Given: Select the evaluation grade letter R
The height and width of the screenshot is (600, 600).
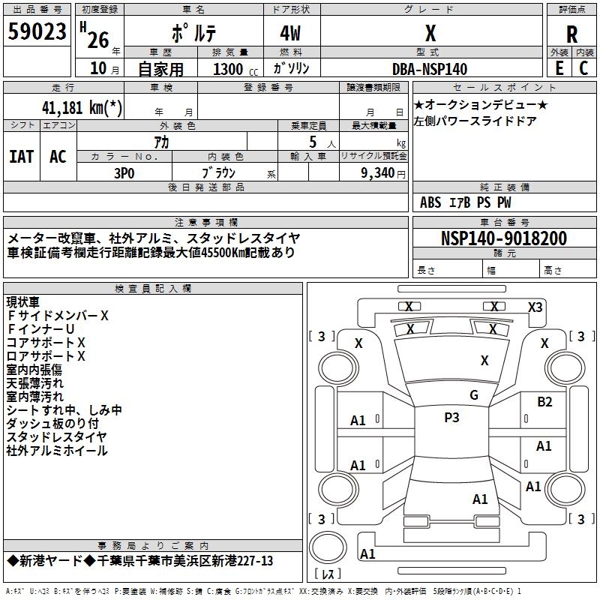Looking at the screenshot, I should click(571, 34).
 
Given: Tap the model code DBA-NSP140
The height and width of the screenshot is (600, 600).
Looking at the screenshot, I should click(430, 69).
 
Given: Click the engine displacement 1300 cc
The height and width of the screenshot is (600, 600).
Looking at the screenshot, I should click(232, 69).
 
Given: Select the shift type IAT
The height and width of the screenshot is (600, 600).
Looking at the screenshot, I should click(22, 157).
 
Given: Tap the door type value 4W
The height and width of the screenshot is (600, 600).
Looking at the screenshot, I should click(292, 34).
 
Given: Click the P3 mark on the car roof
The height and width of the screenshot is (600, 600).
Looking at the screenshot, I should click(451, 418).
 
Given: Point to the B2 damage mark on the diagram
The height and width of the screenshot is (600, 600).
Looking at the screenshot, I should click(544, 402).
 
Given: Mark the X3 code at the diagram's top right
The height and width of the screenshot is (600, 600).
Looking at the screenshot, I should click(535, 307).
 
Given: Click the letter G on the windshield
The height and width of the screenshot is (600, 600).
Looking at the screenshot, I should click(473, 395).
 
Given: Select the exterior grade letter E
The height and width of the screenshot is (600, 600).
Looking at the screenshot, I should click(559, 68).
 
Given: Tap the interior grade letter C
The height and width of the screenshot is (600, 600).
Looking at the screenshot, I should click(584, 68).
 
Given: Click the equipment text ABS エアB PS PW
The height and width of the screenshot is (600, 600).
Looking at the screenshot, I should click(466, 202).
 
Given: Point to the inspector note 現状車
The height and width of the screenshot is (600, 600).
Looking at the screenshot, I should click(25, 302).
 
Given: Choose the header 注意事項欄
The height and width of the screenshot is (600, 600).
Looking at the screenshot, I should click(205, 223).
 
